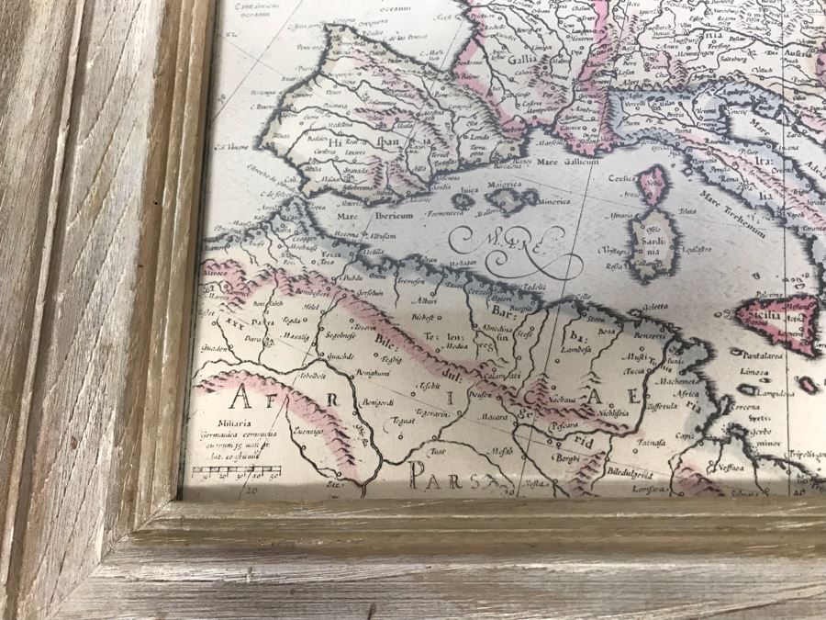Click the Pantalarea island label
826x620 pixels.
(x=759, y=354)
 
